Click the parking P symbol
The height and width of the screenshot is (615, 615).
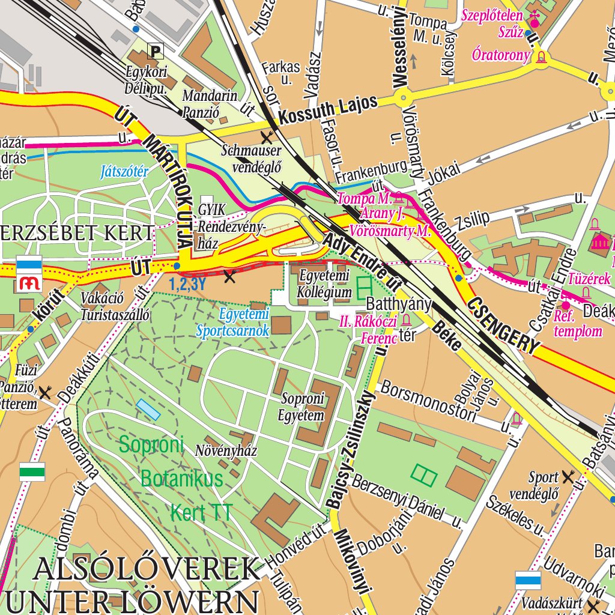point(156,51)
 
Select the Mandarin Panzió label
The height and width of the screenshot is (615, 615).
point(210,103)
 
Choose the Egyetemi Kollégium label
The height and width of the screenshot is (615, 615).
point(325,284)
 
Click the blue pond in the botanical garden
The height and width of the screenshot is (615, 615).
point(148,410)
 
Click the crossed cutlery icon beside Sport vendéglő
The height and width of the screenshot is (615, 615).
point(568,477)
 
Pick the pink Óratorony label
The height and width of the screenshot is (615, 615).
point(501,56)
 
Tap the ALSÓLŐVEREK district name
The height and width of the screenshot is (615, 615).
point(148,569)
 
